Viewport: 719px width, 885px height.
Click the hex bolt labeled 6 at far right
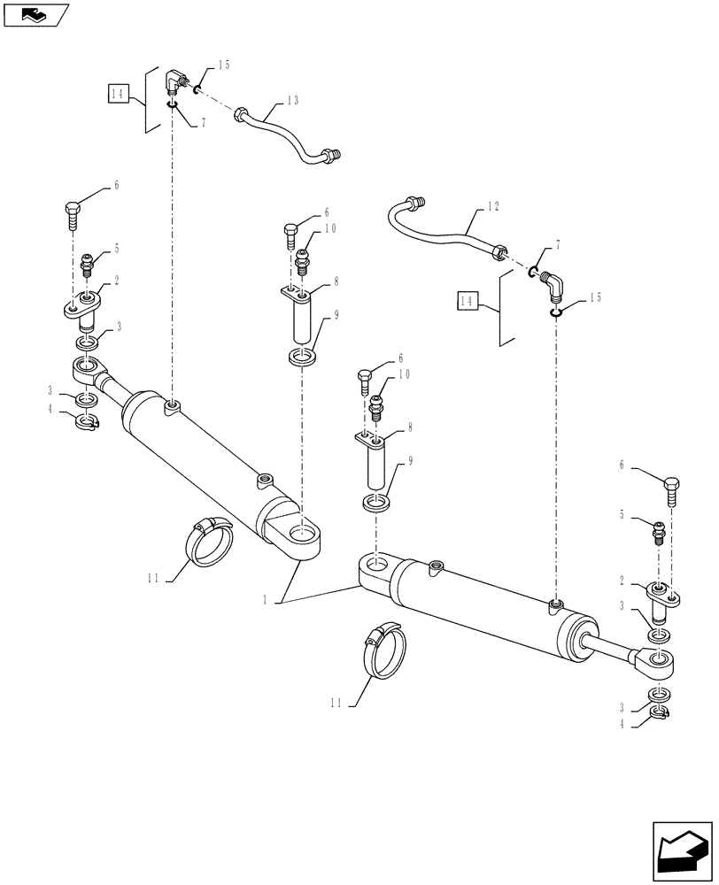[672, 488]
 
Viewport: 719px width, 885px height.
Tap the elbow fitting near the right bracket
[555, 285]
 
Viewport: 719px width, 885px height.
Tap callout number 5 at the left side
[115, 250]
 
